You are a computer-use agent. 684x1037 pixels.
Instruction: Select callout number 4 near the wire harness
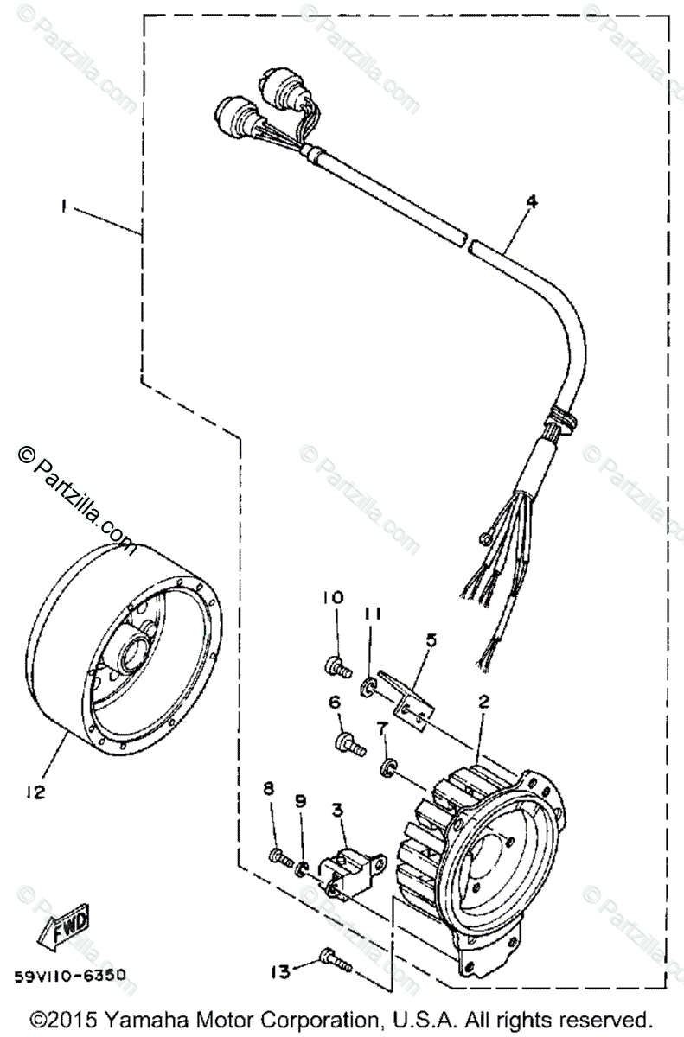530,204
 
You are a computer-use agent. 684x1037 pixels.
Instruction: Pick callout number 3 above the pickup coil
338,809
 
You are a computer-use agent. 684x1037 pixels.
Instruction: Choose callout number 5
431,641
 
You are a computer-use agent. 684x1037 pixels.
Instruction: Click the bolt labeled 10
336,665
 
